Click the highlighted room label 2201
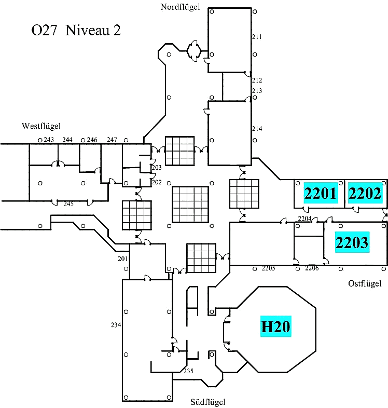pos(321,194)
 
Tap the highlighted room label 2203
pos(352,242)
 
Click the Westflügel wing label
pos(41,126)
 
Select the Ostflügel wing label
pos(365,283)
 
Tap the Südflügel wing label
pos(208,401)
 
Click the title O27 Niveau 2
pos(76,31)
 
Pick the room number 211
pos(257,37)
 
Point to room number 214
pos(257,129)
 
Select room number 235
pos(188,371)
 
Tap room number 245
pos(68,204)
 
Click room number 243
pos(49,140)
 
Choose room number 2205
pos(268,268)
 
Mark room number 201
pos(122,259)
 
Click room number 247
pos(112,140)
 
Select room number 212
pos(257,80)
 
